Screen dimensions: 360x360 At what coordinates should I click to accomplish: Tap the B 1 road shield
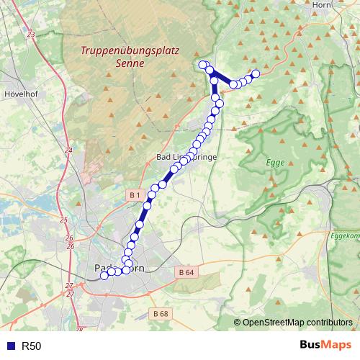(134, 195)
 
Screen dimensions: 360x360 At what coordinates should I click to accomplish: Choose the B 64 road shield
(186, 272)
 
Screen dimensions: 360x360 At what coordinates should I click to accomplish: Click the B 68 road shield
(160, 313)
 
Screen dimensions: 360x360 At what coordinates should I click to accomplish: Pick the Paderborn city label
(115, 268)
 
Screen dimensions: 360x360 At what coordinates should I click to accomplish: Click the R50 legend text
(32, 346)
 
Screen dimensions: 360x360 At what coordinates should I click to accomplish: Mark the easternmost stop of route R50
(255, 73)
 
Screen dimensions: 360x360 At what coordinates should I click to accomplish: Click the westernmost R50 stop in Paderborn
(104, 275)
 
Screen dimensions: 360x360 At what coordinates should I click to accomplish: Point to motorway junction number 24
(68, 150)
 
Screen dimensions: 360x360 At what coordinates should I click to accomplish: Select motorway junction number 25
(63, 220)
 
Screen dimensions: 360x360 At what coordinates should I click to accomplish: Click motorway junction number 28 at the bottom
(79, 330)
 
